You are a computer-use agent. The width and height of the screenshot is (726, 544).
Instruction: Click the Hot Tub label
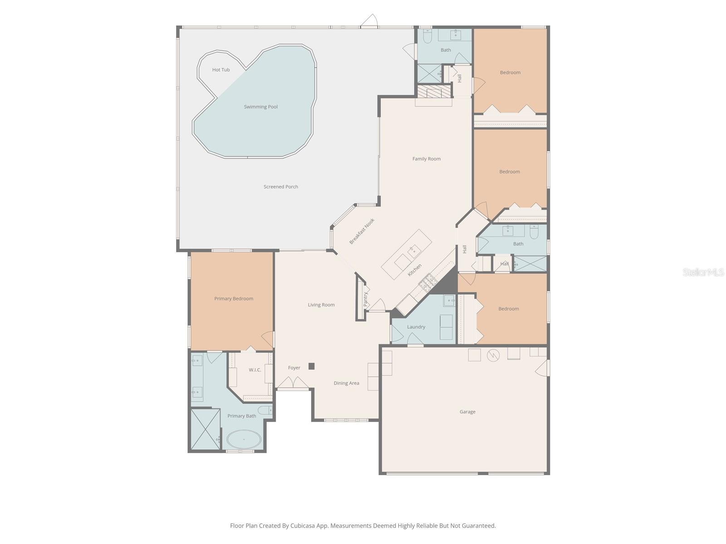(x=221, y=70)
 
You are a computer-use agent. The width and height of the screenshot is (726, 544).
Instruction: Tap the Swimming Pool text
(x=260, y=107)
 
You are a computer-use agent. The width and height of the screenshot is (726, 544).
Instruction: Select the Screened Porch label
(x=280, y=187)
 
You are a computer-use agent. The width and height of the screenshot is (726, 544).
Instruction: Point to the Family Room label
(x=426, y=159)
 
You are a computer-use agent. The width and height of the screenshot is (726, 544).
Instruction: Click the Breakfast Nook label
(x=362, y=231)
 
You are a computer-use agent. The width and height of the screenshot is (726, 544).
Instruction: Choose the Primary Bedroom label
(x=234, y=299)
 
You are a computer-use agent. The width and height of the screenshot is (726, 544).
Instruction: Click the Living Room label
(x=321, y=305)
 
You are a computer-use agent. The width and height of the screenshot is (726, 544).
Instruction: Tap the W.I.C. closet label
(x=255, y=370)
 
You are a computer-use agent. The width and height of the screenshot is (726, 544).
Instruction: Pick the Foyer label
(x=294, y=368)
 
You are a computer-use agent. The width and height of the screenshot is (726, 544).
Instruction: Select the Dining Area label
(x=346, y=383)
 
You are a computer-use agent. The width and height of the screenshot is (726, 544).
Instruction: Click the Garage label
(x=467, y=412)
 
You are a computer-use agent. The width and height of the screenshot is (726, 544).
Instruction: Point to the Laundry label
(x=416, y=327)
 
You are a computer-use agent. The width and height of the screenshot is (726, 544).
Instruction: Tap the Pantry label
(x=365, y=299)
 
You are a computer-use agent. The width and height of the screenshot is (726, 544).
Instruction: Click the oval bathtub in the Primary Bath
(x=244, y=439)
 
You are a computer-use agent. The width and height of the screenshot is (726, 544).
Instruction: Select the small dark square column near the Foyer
(x=311, y=366)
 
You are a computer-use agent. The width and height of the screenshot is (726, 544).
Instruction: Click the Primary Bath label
(x=241, y=416)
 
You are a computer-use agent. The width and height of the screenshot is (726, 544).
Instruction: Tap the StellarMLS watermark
(x=703, y=272)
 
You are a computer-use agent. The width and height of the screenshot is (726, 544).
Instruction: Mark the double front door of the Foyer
(x=293, y=383)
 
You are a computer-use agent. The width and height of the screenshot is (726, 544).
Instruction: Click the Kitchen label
(x=414, y=270)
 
